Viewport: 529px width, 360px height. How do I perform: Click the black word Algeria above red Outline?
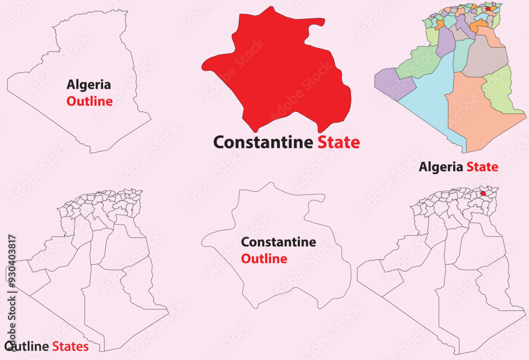click(88, 84)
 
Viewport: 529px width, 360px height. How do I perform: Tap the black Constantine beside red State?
click(263, 142)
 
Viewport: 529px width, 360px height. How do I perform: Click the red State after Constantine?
click(339, 142)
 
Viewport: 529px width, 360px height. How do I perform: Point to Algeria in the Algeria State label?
click(441, 168)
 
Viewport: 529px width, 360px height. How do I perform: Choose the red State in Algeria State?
click(482, 168)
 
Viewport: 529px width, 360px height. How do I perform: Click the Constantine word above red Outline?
click(279, 243)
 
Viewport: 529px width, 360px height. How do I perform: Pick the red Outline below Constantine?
click(264, 259)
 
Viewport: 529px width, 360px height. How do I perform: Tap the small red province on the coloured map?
click(488, 8)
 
